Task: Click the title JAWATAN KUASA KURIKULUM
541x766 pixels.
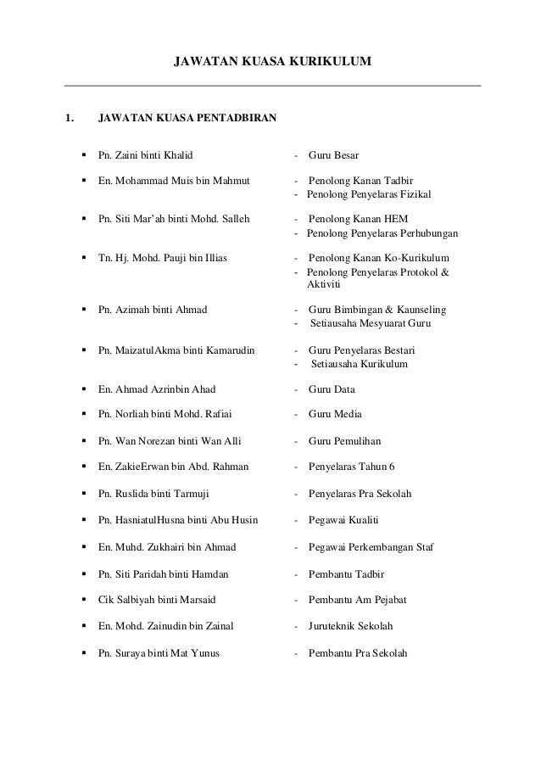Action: pyautogui.click(x=272, y=62)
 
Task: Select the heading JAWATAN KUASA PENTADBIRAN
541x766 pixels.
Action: pyautogui.click(x=187, y=118)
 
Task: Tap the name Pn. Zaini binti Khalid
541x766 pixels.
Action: pyautogui.click(x=146, y=155)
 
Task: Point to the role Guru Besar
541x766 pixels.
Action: pyautogui.click(x=334, y=155)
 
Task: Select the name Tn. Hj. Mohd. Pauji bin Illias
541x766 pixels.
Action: pyautogui.click(x=168, y=258)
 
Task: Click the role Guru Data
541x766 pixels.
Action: pyautogui.click(x=332, y=389)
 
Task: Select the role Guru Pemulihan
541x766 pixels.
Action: pyautogui.click(x=345, y=441)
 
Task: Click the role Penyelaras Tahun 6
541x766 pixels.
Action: pyautogui.click(x=352, y=467)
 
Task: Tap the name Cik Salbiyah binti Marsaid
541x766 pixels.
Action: pyautogui.click(x=157, y=600)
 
